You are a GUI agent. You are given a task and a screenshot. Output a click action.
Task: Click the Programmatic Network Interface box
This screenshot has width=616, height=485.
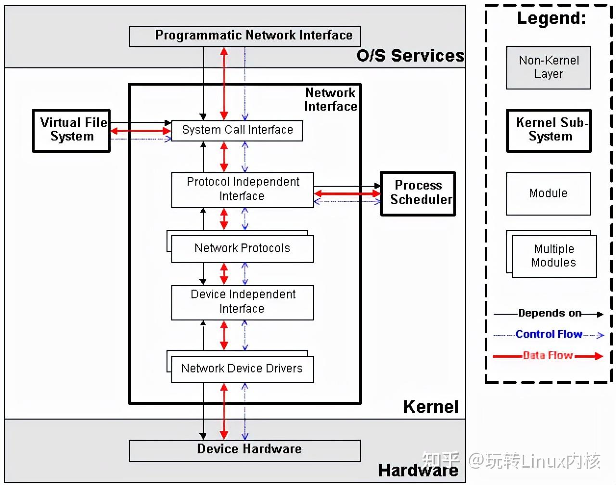click(244, 36)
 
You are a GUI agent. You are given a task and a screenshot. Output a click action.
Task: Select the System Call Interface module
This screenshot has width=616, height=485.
click(237, 130)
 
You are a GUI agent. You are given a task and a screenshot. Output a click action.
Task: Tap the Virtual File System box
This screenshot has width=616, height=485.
click(71, 130)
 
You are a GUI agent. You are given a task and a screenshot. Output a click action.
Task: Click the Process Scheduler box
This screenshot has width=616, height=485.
click(418, 193)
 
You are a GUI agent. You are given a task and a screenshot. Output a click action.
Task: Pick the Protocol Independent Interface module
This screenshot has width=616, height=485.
click(242, 189)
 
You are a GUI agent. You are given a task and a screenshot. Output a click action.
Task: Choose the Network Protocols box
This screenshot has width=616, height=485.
click(242, 248)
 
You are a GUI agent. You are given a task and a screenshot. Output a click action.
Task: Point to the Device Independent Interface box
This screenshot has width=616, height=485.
click(242, 302)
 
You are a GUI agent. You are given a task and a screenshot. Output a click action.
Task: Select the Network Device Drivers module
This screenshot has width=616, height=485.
click(242, 369)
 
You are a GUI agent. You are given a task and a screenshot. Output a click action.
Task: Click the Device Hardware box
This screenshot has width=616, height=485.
click(244, 449)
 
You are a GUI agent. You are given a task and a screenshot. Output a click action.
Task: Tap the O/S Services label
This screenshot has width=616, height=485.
click(410, 56)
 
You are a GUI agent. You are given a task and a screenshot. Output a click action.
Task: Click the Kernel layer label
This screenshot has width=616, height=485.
click(431, 407)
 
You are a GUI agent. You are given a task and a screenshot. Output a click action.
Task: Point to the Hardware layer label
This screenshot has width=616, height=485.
click(418, 471)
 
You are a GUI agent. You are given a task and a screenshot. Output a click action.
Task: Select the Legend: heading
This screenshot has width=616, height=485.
click(552, 18)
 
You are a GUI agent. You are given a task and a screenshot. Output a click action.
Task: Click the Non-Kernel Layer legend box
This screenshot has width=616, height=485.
click(548, 67)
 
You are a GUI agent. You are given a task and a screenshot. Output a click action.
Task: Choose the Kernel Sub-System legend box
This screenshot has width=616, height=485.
click(549, 130)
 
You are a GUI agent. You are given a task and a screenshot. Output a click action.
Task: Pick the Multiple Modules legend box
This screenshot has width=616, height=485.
click(553, 256)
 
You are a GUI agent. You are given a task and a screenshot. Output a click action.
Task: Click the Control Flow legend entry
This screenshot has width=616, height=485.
click(549, 334)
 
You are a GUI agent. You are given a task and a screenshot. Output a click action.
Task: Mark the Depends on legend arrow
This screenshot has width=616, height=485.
click(549, 314)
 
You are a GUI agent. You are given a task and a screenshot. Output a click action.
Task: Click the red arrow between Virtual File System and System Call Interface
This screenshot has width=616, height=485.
click(141, 131)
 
